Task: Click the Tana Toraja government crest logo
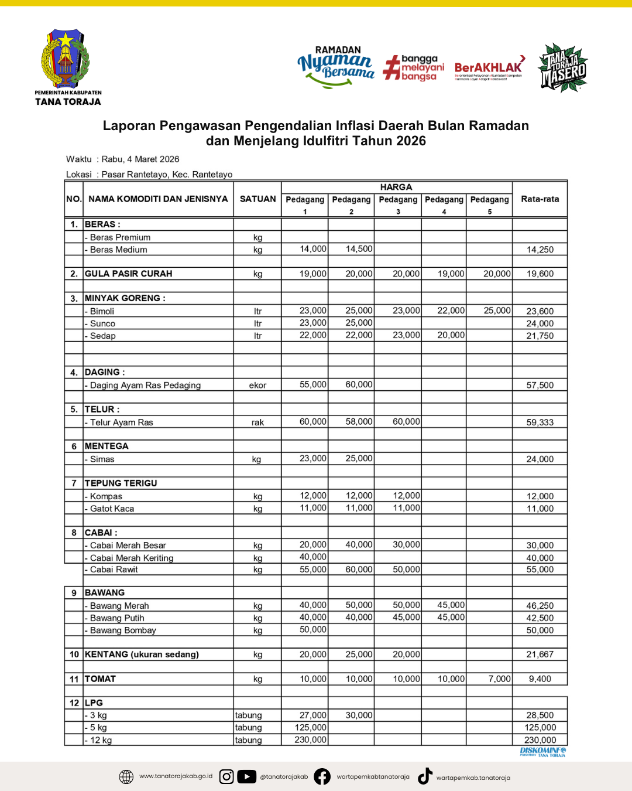(65, 59)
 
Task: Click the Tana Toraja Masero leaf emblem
(563, 68)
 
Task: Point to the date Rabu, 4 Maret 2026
(140, 159)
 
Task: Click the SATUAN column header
(257, 199)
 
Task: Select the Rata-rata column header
(540, 199)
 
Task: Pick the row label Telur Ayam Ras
(121, 422)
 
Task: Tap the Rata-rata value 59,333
(540, 422)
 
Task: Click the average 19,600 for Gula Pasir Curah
(540, 274)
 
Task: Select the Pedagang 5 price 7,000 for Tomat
(499, 679)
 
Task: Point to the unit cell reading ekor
(257, 386)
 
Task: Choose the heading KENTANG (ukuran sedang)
(142, 654)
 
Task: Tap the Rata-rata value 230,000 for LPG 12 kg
(540, 740)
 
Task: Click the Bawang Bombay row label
(123, 630)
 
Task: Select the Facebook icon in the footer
(322, 777)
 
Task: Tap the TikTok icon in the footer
(425, 776)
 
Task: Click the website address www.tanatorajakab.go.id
(176, 776)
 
